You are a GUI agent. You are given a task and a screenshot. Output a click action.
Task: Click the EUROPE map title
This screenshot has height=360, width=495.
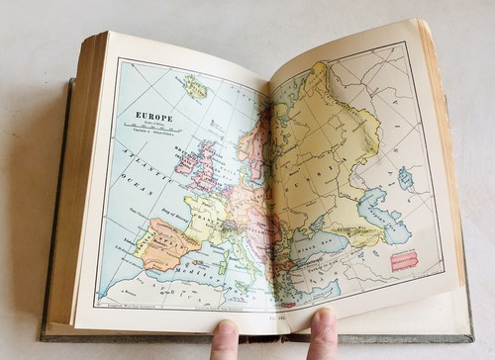pos(153,117)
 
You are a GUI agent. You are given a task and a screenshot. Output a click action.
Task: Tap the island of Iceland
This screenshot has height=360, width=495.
pos(194,87)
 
